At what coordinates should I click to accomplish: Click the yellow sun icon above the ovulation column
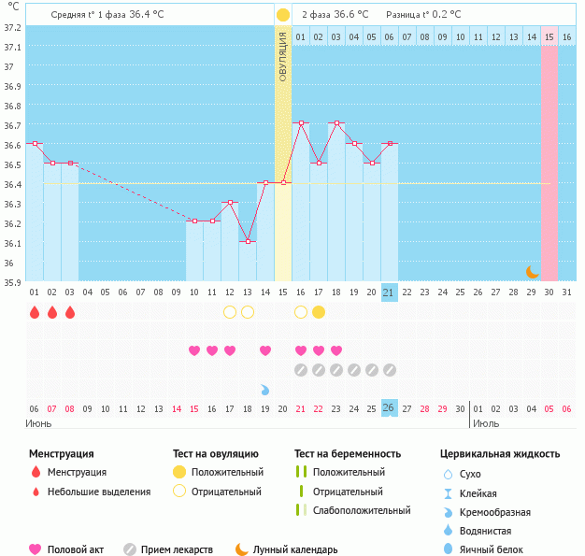pyautogui.click(x=282, y=15)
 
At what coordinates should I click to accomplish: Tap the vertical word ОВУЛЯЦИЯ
pyautogui.click(x=283, y=56)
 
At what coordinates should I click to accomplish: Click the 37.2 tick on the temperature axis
pyautogui.click(x=12, y=28)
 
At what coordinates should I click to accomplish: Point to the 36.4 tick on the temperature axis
pyautogui.click(x=12, y=184)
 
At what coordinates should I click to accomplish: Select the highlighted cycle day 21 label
pyautogui.click(x=390, y=292)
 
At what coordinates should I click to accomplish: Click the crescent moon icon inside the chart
pyautogui.click(x=532, y=272)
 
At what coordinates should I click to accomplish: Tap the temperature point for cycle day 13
pyautogui.click(x=247, y=241)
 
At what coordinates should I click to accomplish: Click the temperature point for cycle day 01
pyautogui.click(x=35, y=144)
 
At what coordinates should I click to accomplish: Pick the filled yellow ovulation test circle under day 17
pyautogui.click(x=319, y=311)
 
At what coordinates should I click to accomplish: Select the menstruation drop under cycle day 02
pyautogui.click(x=52, y=312)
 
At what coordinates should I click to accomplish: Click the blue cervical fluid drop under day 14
pyautogui.click(x=265, y=389)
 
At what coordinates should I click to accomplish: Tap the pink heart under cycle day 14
pyautogui.click(x=265, y=350)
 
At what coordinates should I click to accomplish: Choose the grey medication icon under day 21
pyautogui.click(x=390, y=370)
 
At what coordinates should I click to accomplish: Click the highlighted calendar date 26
pyautogui.click(x=390, y=408)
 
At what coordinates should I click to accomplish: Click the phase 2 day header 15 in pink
pyautogui.click(x=549, y=36)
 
